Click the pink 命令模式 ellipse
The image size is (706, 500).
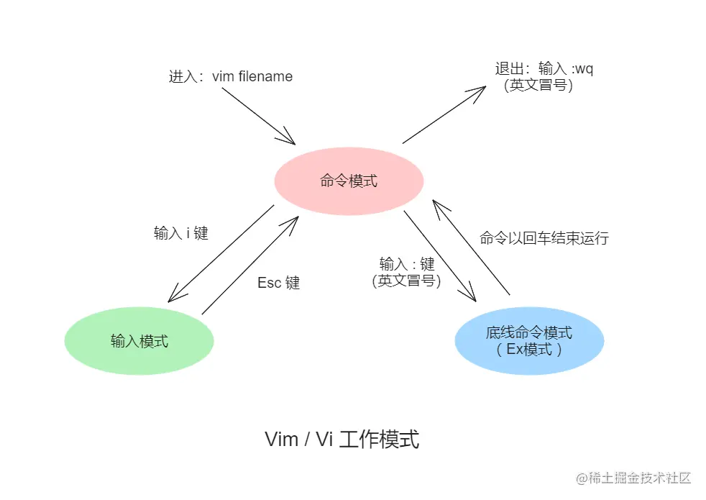(349, 181)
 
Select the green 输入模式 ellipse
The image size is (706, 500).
(139, 341)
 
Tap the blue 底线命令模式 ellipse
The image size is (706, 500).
(529, 341)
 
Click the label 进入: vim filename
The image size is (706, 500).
(231, 76)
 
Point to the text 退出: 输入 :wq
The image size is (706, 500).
(544, 69)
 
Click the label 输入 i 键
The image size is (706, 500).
(180, 233)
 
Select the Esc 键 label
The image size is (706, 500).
(279, 283)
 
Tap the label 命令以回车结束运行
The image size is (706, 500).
(544, 238)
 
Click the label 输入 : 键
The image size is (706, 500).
(407, 264)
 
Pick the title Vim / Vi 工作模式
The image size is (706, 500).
(342, 439)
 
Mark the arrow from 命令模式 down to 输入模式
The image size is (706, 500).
(220, 254)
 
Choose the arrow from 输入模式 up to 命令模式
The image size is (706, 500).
(251, 264)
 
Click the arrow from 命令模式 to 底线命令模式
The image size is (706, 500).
(440, 255)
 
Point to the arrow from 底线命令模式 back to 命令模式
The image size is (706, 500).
(472, 247)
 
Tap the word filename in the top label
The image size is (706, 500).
(265, 76)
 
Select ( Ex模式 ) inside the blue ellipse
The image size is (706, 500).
(529, 350)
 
